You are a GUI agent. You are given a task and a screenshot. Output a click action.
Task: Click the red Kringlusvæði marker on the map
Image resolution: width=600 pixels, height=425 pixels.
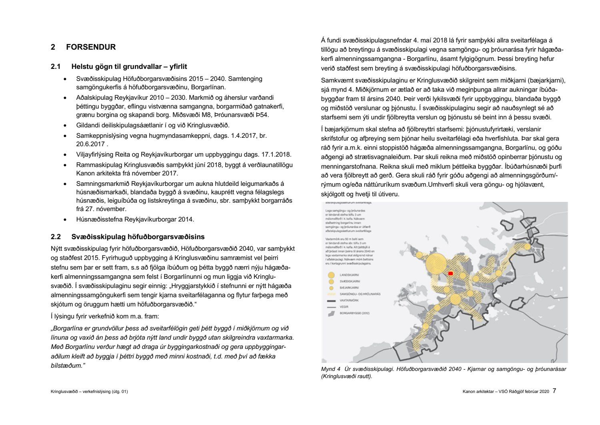pos(450,273)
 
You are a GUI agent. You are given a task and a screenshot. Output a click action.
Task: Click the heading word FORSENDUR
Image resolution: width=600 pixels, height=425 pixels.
pos(91,47)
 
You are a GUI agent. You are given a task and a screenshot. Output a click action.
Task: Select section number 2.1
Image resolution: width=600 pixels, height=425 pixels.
pos(55,66)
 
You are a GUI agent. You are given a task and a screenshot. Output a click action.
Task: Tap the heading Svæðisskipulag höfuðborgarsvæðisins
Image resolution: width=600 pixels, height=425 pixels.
pos(138,237)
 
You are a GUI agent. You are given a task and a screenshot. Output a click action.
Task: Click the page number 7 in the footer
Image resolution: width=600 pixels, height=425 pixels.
pos(554,391)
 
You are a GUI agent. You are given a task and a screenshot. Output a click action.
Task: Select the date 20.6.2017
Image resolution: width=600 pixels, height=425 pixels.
pos(90,144)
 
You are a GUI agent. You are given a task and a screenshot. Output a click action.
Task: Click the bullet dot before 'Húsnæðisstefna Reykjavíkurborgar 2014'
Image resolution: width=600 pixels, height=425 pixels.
pos(65,220)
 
